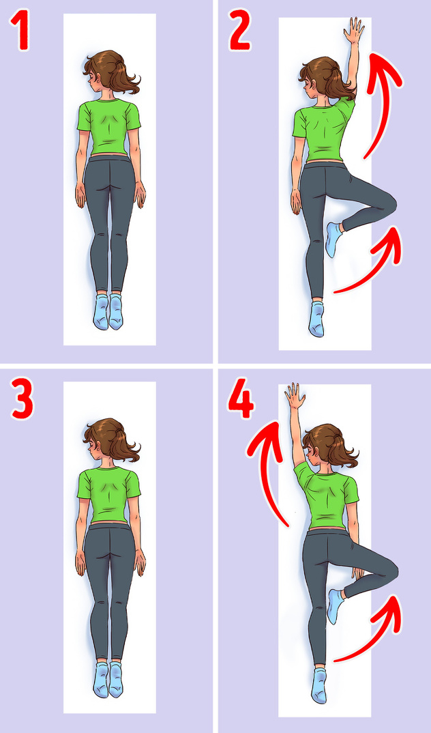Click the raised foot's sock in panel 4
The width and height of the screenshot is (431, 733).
(334, 606)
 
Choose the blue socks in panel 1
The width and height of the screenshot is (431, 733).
(108, 311)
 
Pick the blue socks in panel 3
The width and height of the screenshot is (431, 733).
(108, 679)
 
